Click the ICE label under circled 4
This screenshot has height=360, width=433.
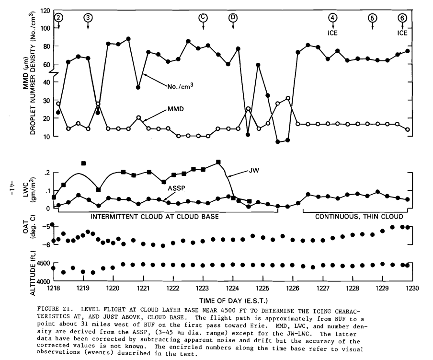click(333, 33)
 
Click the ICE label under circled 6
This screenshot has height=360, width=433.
click(402, 33)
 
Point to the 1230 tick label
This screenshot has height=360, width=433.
click(412, 289)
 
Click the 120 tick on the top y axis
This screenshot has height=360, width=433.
click(45, 11)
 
